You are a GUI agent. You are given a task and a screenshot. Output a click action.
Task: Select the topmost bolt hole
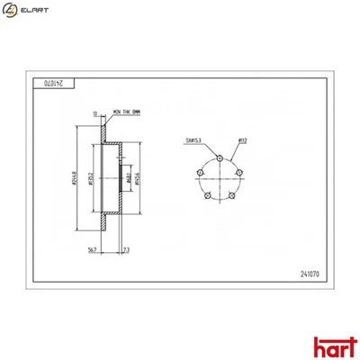pyautogui.click(x=220, y=157)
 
